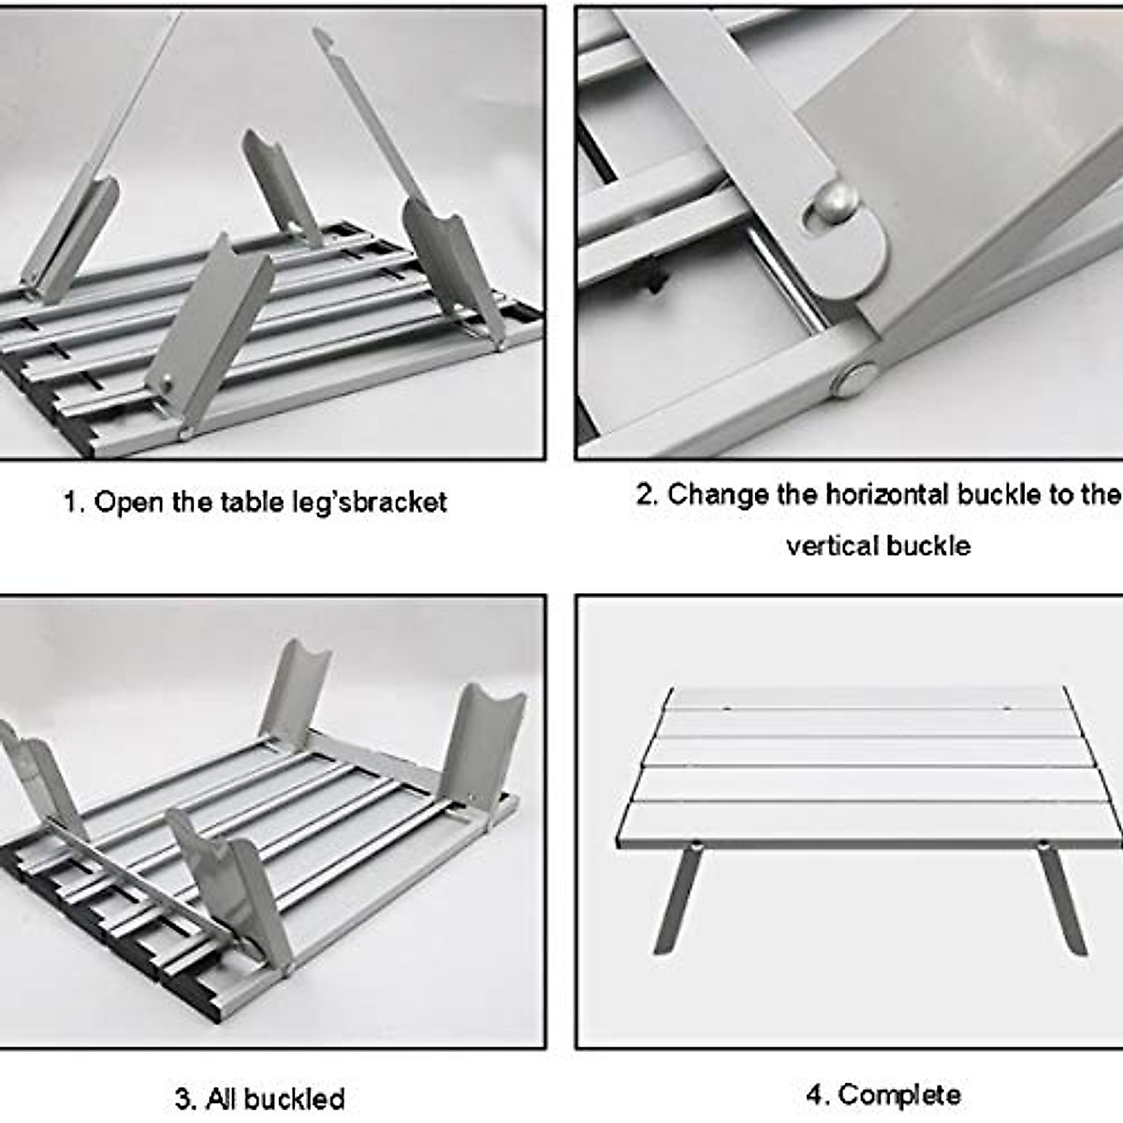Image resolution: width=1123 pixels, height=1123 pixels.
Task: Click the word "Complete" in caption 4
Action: [899, 1094]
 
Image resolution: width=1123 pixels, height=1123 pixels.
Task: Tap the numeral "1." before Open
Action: [75, 503]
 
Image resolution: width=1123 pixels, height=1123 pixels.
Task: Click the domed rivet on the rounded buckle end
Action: [833, 201]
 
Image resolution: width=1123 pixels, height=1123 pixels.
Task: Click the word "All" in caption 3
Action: [223, 1098]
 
